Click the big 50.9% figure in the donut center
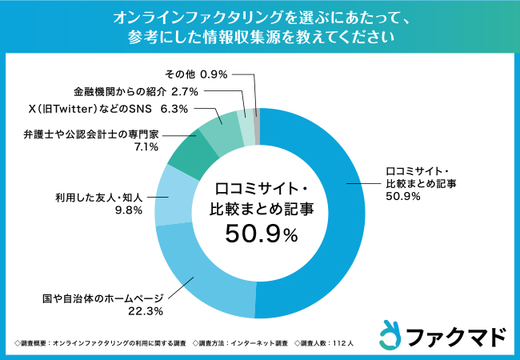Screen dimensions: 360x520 click(261, 234)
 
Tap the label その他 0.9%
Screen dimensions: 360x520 click(196, 74)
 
